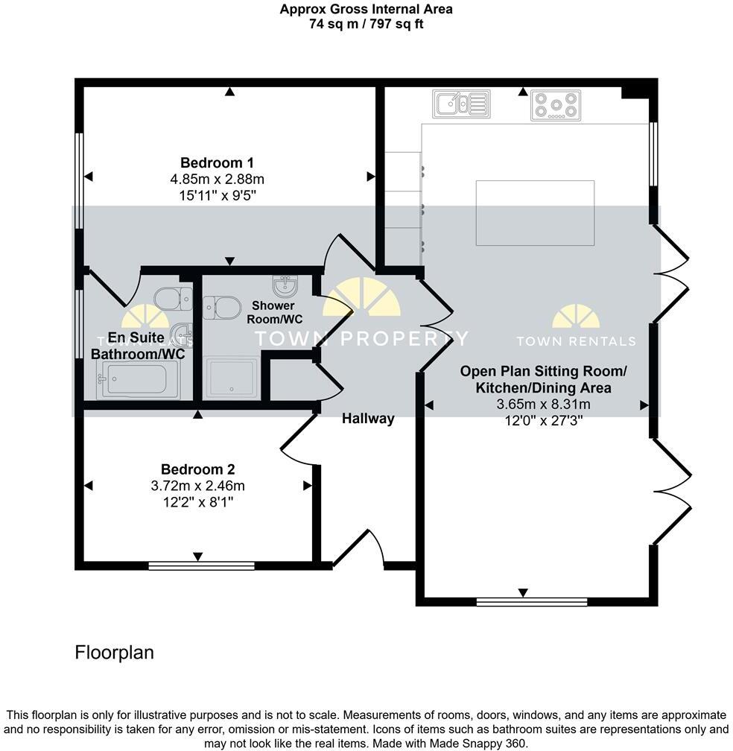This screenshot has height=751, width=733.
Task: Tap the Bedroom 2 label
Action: click(x=197, y=469)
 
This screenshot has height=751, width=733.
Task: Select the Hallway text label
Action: click(x=367, y=419)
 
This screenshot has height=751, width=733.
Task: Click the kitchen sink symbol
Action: click(x=462, y=104)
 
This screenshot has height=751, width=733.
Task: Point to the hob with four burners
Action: click(x=555, y=105)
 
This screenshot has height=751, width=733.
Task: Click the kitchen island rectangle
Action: click(x=535, y=213)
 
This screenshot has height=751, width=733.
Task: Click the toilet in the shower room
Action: click(x=222, y=306)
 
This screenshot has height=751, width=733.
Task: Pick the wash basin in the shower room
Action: click(x=285, y=284)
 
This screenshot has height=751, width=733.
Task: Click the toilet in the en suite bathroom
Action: click(x=174, y=299)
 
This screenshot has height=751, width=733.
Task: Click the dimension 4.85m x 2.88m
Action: click(x=217, y=179)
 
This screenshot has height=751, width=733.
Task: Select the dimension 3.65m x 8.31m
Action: click(x=543, y=405)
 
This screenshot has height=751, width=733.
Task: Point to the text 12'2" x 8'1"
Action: click(x=197, y=502)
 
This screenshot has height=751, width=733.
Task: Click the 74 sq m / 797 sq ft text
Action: click(x=366, y=24)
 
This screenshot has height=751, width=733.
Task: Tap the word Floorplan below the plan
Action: click(x=114, y=653)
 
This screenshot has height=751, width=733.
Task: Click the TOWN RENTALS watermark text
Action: click(x=576, y=341)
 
